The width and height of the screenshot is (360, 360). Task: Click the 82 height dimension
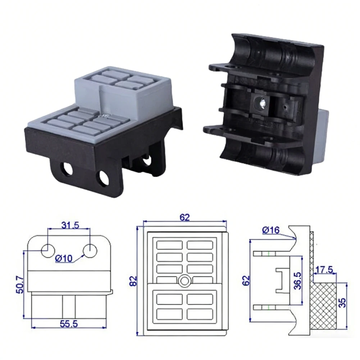click(x=133, y=280)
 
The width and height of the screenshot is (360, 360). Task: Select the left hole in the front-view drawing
click(x=48, y=250)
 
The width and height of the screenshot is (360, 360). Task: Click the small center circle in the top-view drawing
click(x=184, y=281)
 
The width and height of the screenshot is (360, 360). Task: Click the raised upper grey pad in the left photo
click(x=122, y=90)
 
